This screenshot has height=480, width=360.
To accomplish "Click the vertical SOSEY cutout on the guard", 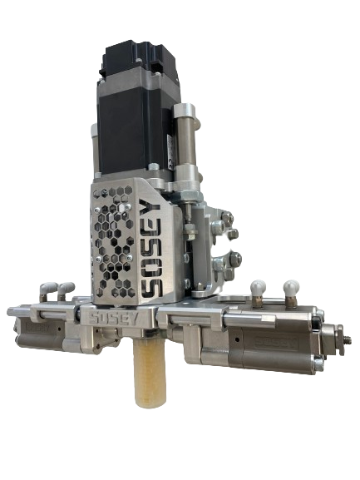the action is (151, 247).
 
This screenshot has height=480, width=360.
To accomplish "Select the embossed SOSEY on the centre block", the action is (112, 319).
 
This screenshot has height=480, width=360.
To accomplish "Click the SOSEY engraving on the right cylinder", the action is (276, 344).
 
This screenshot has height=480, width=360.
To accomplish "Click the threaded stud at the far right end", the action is (347, 339).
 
